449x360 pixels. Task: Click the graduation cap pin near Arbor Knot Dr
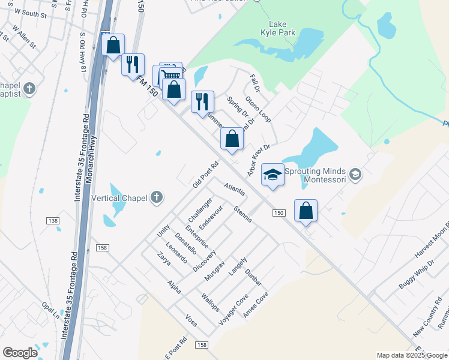(273, 175)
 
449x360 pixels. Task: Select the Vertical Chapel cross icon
(156, 197)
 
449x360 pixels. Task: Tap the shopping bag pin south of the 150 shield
(306, 211)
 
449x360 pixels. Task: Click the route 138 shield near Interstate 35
(53, 221)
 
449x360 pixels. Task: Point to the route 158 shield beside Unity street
(101, 248)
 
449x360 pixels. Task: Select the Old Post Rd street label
(205, 173)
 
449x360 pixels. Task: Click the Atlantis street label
(234, 189)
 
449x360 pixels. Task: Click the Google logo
(20, 353)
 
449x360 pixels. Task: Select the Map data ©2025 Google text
(411, 355)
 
